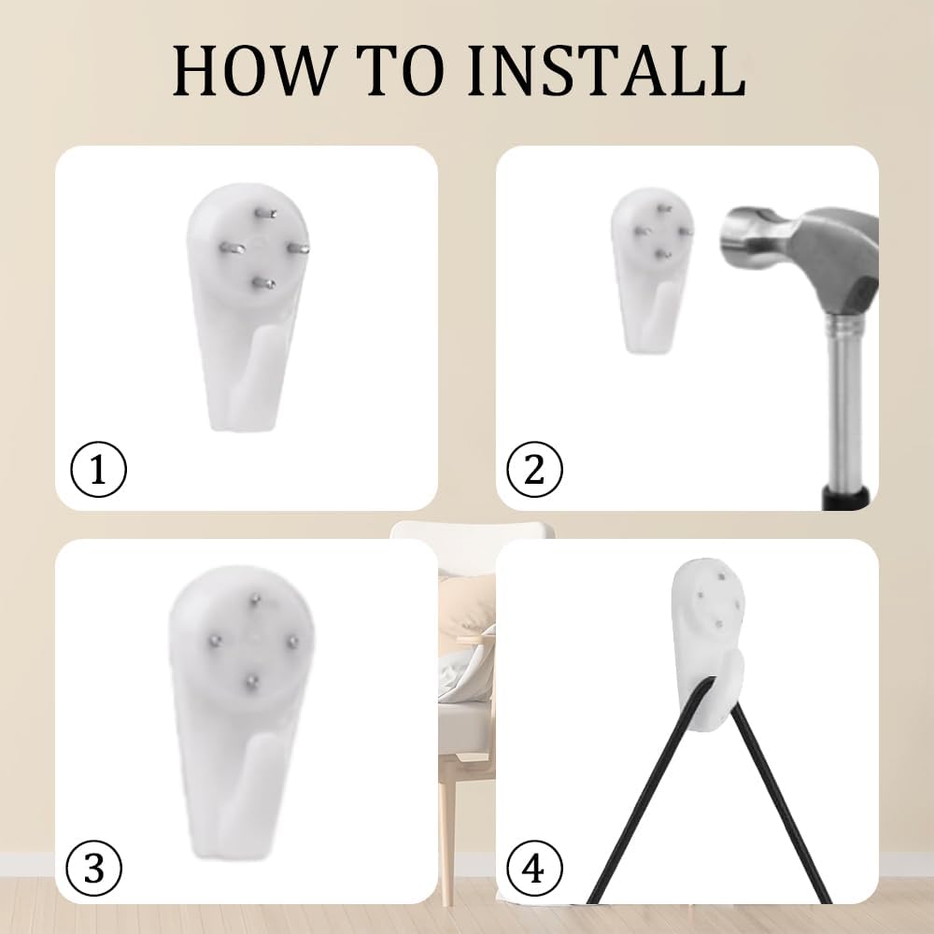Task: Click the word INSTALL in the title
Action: [x=606, y=70]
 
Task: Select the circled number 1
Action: [x=98, y=470]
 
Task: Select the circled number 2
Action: [x=534, y=470]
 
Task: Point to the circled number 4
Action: [x=533, y=868]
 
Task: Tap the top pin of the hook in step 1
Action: [x=264, y=213]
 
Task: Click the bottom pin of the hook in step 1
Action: [x=262, y=284]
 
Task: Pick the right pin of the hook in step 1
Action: [x=297, y=248]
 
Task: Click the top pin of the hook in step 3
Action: [x=255, y=599]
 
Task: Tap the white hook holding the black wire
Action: [x=709, y=644]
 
